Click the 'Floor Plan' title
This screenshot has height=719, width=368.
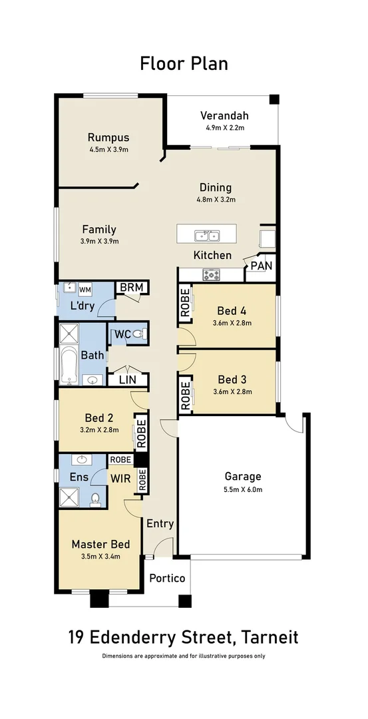184,63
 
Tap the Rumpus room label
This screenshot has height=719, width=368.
108,138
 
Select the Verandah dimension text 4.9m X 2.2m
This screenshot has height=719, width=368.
225,127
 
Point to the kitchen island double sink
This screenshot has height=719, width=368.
206,235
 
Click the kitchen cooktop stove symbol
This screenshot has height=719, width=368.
212,274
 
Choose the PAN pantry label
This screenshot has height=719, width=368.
260,266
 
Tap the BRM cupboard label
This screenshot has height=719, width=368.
132,288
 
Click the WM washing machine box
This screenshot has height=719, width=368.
85,290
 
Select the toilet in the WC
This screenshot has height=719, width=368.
137,334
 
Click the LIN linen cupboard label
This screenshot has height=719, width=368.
128,379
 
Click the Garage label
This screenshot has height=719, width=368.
242,476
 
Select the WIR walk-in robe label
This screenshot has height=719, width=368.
120,478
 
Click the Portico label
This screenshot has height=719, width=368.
166,578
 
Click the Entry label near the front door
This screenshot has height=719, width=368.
160,523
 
